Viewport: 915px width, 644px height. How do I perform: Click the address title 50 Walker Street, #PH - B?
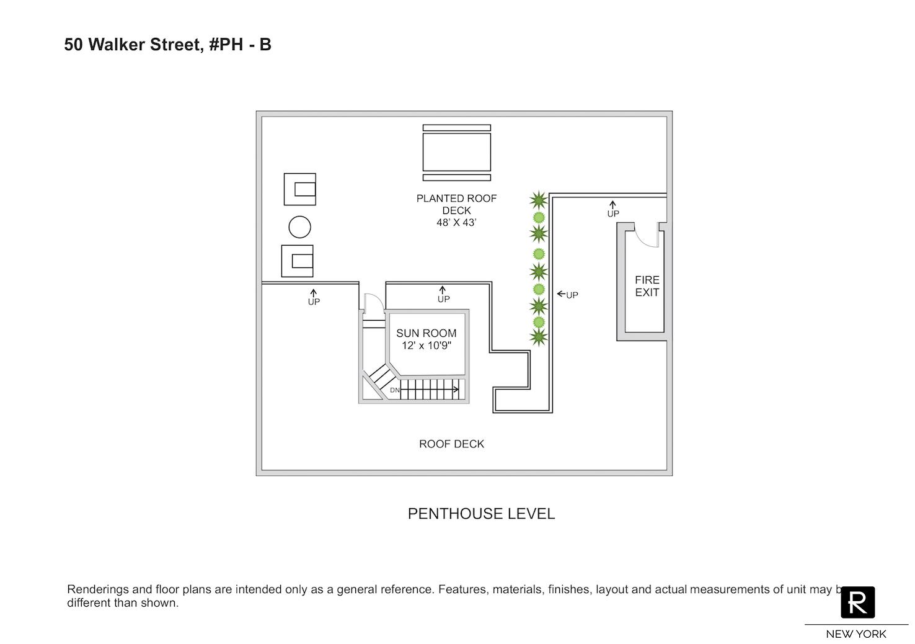167,45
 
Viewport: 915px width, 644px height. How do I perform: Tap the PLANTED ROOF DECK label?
456,204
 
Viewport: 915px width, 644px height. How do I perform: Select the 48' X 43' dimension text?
456,223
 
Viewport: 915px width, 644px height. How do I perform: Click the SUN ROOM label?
426,333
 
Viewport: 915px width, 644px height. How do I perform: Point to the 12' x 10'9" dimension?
426,346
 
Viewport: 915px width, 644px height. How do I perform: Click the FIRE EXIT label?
647,286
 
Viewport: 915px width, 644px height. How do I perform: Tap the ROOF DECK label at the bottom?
451,444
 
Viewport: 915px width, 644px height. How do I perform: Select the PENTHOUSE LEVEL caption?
481,514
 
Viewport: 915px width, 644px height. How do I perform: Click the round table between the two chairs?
299,227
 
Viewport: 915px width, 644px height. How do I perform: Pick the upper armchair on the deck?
300,189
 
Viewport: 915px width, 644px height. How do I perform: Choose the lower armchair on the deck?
298,261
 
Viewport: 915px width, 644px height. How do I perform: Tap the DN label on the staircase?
395,390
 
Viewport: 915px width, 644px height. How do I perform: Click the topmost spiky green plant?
539,200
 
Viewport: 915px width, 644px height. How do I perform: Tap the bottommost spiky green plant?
539,337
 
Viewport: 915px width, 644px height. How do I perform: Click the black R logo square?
857,602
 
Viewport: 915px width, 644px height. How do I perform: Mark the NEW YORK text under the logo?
856,634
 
